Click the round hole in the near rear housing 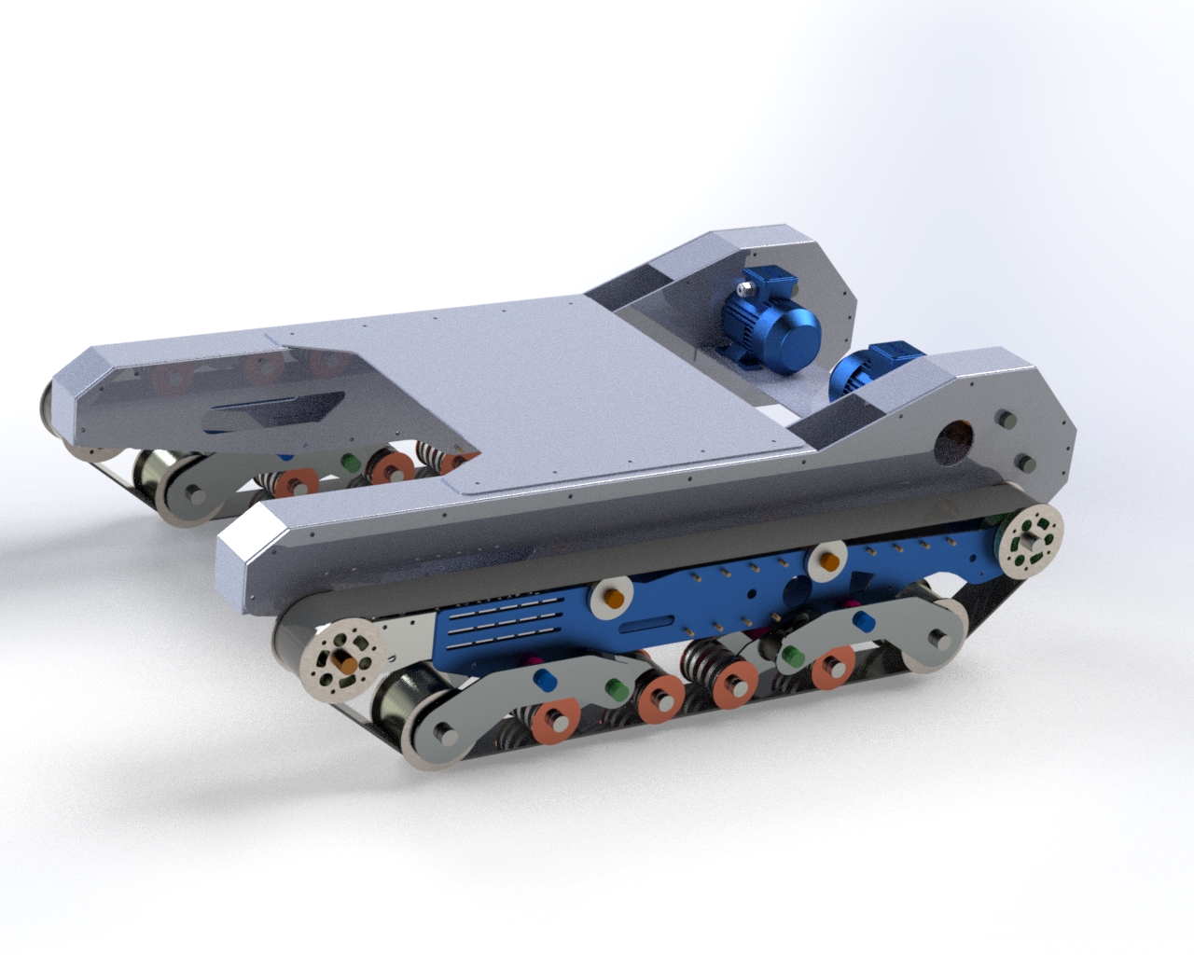[957, 436]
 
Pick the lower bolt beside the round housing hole [1020, 461]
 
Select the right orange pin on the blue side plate [826, 561]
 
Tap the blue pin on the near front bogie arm [543, 676]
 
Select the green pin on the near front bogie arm [614, 688]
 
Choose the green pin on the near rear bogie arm [792, 656]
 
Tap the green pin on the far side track [351, 461]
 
